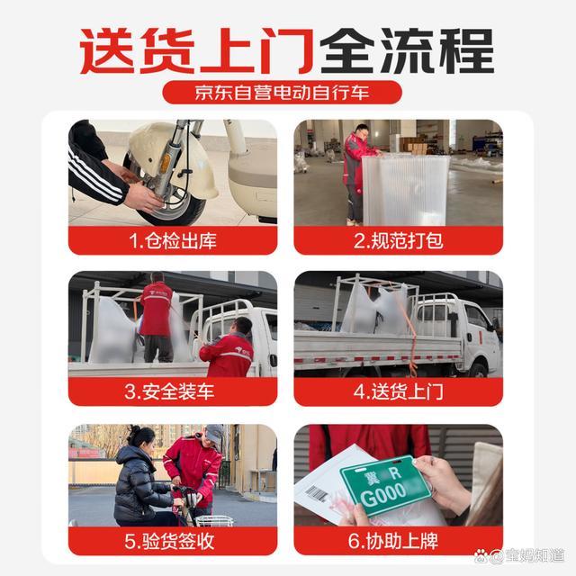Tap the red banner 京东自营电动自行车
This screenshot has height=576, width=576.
point(287,92)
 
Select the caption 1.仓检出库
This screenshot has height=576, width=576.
point(173,240)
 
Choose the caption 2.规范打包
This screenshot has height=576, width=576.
point(398,240)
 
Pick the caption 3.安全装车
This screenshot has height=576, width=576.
point(173,391)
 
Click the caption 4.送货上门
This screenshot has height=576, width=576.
point(398,391)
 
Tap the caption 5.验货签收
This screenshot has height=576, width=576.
point(173,542)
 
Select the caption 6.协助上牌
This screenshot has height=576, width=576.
point(398,542)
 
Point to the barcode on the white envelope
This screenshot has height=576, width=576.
point(317,494)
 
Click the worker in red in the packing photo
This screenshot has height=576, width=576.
point(357,171)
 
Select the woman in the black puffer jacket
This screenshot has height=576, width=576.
point(139,481)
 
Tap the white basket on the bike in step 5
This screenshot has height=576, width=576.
point(213,520)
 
